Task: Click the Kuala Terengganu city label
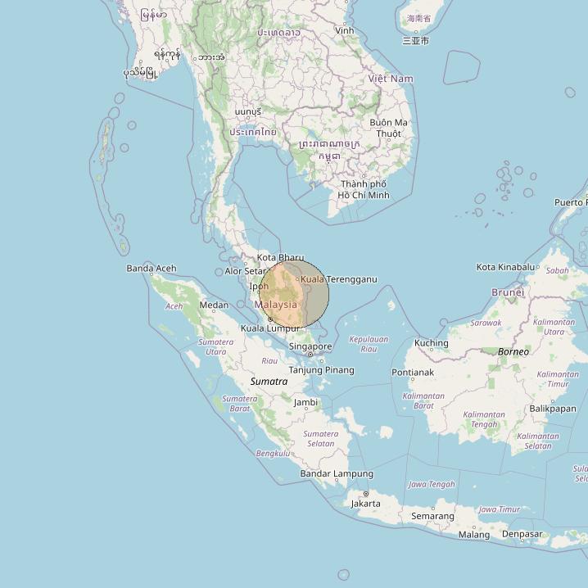pyautogui.click(x=338, y=279)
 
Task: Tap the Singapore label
pyautogui.click(x=310, y=346)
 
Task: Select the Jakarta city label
pyautogui.click(x=365, y=504)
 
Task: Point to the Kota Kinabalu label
pyautogui.click(x=505, y=267)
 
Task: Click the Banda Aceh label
pyautogui.click(x=152, y=268)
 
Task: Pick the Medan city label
pyautogui.click(x=214, y=305)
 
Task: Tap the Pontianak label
pyautogui.click(x=413, y=373)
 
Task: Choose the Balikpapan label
pyautogui.click(x=553, y=408)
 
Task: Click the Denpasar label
pyautogui.click(x=522, y=534)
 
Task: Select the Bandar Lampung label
pyautogui.click(x=337, y=473)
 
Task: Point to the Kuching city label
pyautogui.click(x=432, y=343)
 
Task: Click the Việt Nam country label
pyautogui.click(x=391, y=79)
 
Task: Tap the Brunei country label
pyautogui.click(x=508, y=292)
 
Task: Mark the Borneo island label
pyautogui.click(x=513, y=351)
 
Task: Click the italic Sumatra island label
pyautogui.click(x=269, y=382)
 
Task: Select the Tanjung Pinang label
pyautogui.click(x=322, y=370)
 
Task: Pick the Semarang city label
pyautogui.click(x=432, y=516)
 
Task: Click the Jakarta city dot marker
pyautogui.click(x=365, y=493)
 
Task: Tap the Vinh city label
pyautogui.click(x=345, y=30)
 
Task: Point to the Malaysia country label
pyautogui.click(x=276, y=305)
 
